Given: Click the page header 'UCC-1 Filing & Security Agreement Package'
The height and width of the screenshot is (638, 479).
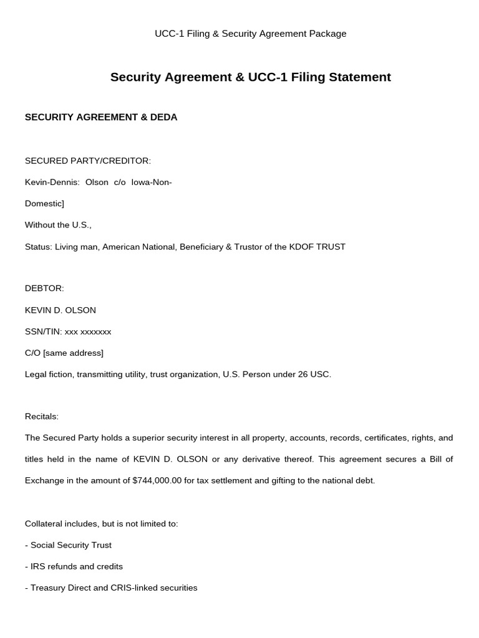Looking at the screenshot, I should point(250,34).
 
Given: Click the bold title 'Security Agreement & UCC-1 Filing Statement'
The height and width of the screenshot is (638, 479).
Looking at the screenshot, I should point(250,77).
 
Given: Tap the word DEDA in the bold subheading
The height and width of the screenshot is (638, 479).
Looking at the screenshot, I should point(164,117).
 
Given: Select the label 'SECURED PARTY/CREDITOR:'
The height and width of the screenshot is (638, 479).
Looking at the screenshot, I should point(88,161).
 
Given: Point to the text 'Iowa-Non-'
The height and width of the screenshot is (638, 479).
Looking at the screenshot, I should point(152,182).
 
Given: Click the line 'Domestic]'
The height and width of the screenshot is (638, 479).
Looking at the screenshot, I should point(44,204).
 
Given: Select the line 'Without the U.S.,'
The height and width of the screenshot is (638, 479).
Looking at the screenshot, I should point(58,225).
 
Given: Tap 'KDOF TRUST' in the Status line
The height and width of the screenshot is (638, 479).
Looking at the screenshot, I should point(317,247).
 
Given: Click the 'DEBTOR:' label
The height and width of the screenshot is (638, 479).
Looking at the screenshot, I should point(44,288).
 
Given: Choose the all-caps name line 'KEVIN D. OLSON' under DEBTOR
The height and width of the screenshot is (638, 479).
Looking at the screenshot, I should point(60,310).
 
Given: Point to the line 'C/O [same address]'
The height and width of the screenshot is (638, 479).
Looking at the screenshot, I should point(64,353).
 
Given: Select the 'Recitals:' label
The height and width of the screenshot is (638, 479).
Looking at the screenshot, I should point(42,416).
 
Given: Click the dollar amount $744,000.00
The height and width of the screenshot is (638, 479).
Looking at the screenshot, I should point(157,481).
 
